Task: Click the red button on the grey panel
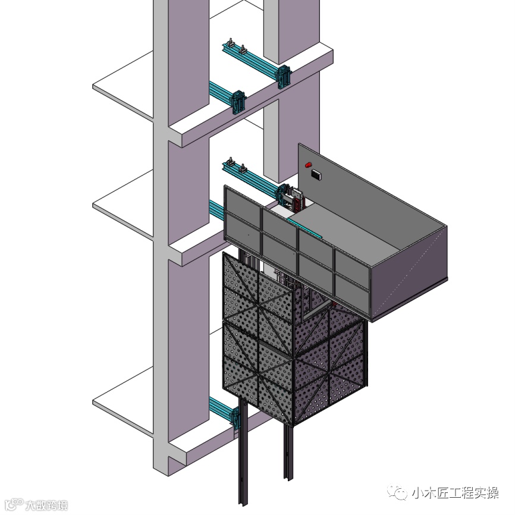tap(308, 164)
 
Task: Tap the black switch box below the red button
tap(316, 174)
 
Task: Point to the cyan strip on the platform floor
tap(304, 228)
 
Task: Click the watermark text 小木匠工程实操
tap(455, 493)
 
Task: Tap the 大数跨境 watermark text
tap(46, 505)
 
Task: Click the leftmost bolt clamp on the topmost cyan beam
tap(229, 45)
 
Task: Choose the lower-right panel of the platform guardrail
tap(351, 290)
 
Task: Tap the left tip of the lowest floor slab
tap(95, 403)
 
